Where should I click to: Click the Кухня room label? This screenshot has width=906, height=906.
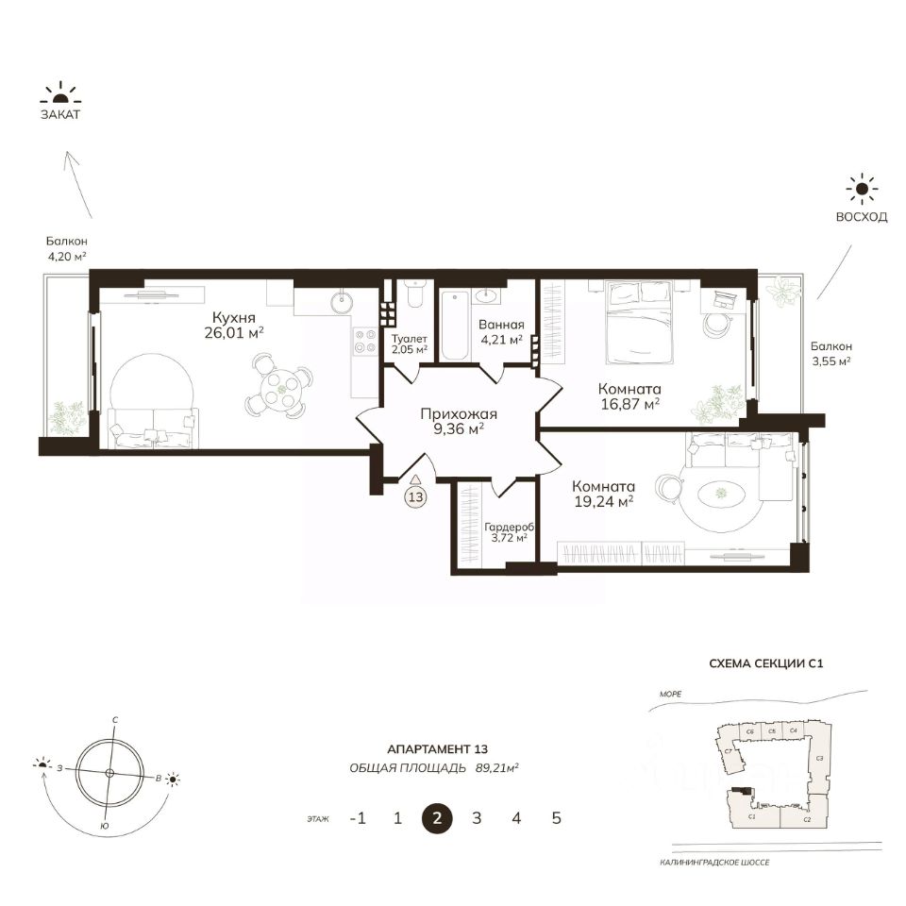pos(233,318)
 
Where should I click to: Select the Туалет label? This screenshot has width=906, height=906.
pos(409,339)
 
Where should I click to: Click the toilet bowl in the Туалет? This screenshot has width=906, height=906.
pos(415,294)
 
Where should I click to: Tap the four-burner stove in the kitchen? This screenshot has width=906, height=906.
pos(364,341)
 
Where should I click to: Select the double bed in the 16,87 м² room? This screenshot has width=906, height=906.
pos(640,323)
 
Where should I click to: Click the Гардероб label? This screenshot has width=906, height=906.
pos(509,527)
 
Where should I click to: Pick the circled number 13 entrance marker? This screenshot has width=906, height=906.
pos(415,496)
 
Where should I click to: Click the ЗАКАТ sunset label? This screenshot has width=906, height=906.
pos(60,114)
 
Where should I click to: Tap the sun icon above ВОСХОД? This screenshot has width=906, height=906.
pos(862,189)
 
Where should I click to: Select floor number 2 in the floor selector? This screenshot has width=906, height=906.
pos(437,818)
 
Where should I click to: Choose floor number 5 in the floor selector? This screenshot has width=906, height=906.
pos(557,818)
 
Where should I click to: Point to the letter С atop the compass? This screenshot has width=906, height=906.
pos(115,720)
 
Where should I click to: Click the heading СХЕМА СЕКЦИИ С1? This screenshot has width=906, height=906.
pos(766,663)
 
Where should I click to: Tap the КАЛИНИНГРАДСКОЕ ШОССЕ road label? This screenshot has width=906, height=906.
pos(714,863)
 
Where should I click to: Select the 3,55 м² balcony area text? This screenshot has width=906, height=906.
pos(831,361)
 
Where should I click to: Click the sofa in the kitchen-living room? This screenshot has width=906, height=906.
pos(153,428)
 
